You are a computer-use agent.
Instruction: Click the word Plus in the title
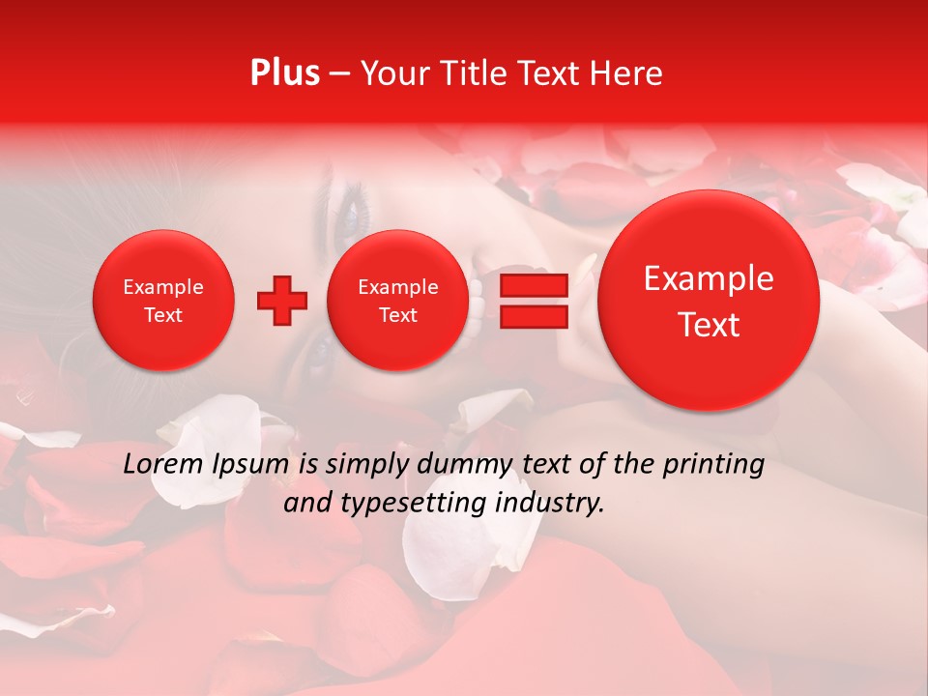(x=284, y=73)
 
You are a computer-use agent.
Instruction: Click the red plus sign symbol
(x=282, y=301)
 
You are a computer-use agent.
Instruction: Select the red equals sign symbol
(x=534, y=301)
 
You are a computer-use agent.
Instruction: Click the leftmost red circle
(x=162, y=300)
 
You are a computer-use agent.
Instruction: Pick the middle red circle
(x=397, y=300)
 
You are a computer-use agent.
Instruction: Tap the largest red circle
(x=709, y=301)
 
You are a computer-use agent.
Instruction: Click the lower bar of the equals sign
(x=534, y=317)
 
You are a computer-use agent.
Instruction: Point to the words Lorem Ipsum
(x=207, y=465)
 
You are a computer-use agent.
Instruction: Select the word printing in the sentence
(x=712, y=465)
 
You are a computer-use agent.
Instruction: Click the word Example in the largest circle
(x=709, y=278)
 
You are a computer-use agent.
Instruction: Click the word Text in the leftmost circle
(x=162, y=315)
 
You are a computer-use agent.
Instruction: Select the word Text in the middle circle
(x=397, y=315)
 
